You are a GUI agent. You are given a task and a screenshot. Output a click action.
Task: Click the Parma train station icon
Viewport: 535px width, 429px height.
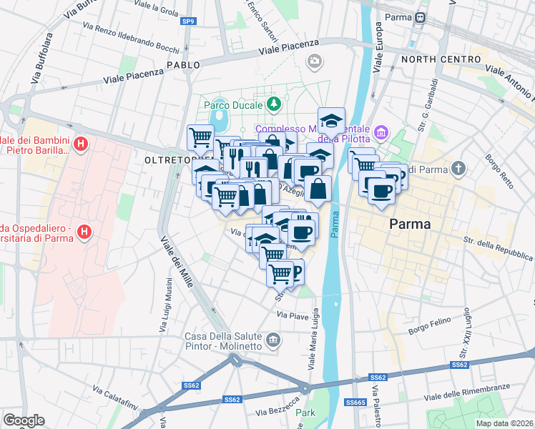pos(421,17)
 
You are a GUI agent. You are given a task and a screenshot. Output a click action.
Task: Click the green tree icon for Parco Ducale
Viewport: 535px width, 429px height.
pos(273,105)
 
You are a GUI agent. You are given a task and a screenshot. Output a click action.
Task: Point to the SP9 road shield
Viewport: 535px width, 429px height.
pos(187,22)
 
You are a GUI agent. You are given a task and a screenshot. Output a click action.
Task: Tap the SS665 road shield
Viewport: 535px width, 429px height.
pos(355,403)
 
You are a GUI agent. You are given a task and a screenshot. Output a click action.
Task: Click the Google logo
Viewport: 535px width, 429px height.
pos(24,420)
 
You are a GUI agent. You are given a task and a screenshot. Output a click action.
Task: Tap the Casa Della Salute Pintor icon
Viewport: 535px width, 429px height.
pos(273,339)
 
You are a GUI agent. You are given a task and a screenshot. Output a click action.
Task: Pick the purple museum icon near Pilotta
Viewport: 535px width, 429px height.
pos(381,132)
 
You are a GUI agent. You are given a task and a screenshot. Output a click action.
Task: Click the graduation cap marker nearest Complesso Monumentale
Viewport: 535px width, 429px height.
pos(331,121)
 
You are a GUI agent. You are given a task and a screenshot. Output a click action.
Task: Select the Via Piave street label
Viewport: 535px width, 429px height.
pos(292,315)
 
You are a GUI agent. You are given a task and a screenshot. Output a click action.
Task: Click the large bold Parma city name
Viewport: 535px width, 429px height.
pos(409,224)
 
